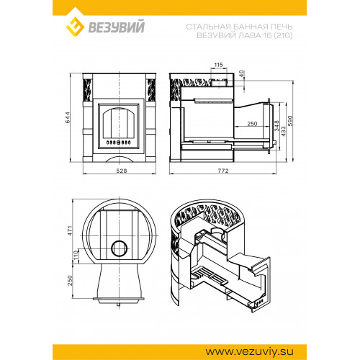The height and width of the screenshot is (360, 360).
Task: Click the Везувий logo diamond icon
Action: pyautogui.click(x=75, y=27)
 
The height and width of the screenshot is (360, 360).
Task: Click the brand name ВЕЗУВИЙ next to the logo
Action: pyautogui.click(x=117, y=27)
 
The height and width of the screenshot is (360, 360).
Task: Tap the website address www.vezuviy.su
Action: pyautogui.click(x=249, y=352)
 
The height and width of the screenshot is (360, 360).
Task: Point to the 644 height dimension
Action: pyautogui.click(x=68, y=117)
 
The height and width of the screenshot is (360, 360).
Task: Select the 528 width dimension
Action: pyautogui.click(x=122, y=171)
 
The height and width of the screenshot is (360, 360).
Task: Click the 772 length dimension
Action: pyautogui.click(x=223, y=171)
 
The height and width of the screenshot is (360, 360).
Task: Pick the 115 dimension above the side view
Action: pyautogui.click(x=218, y=65)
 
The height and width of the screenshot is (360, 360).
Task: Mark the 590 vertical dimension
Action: pyautogui.click(x=290, y=121)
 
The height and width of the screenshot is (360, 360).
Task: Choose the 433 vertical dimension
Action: pyautogui.click(x=284, y=132)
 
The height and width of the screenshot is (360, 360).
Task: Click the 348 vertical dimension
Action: pyautogui.click(x=276, y=126)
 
